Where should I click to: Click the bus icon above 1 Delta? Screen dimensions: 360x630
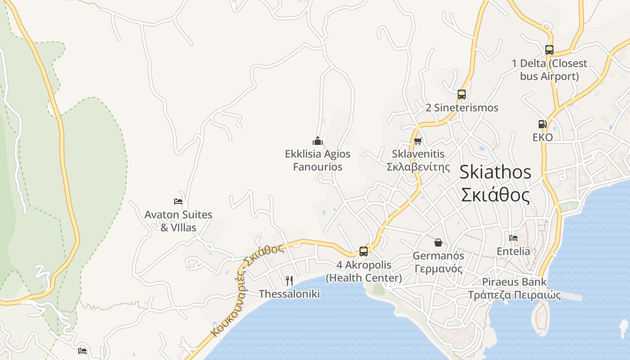click(x=549, y=50)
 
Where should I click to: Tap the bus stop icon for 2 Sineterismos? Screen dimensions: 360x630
click(x=461, y=94)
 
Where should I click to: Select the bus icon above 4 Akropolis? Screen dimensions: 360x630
click(x=363, y=252)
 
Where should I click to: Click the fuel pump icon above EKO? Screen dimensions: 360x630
click(x=542, y=124)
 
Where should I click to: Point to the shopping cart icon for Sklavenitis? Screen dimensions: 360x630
click(x=418, y=141)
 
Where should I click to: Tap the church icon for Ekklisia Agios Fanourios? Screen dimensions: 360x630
click(x=318, y=141)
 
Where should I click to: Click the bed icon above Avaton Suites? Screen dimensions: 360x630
click(x=178, y=202)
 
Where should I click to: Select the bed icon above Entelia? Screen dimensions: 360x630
click(x=513, y=238)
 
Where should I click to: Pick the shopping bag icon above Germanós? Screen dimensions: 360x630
click(x=438, y=243)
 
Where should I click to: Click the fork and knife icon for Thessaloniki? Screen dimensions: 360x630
click(x=289, y=281)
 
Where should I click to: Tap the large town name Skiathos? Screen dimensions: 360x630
click(x=495, y=172)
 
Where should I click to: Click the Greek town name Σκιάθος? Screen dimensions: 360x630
click(x=495, y=195)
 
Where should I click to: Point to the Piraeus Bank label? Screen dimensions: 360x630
click(x=514, y=282)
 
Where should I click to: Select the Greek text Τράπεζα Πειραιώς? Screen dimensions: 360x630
click(x=514, y=295)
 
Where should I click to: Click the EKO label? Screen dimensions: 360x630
click(x=542, y=137)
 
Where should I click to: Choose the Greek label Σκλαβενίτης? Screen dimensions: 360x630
click(x=418, y=167)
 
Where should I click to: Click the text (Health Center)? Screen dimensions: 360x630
click(x=364, y=278)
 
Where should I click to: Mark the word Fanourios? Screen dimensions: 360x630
click(x=318, y=167)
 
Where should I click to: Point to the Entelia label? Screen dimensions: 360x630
click(x=513, y=251)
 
